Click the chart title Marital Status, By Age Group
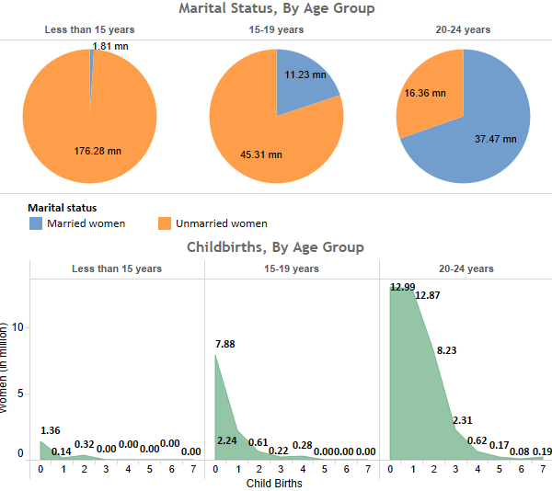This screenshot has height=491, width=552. click(276, 9)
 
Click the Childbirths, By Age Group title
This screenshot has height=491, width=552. click(275, 247)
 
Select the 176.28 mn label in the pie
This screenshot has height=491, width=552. click(98, 151)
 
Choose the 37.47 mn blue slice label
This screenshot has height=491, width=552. click(495, 139)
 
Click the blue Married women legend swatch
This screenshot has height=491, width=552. click(36, 223)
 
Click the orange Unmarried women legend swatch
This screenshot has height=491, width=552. click(166, 223)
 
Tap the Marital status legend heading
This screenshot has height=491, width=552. click(63, 208)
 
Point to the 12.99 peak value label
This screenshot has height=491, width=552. click(403, 287)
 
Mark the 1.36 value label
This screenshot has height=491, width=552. click(52, 430)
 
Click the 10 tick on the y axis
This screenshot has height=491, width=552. click(17, 327)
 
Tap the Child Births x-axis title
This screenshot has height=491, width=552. click(275, 482)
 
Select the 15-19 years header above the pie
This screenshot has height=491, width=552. click(276, 29)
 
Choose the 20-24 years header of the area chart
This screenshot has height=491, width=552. click(466, 268)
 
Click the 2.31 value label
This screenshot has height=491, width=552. click(463, 421)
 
